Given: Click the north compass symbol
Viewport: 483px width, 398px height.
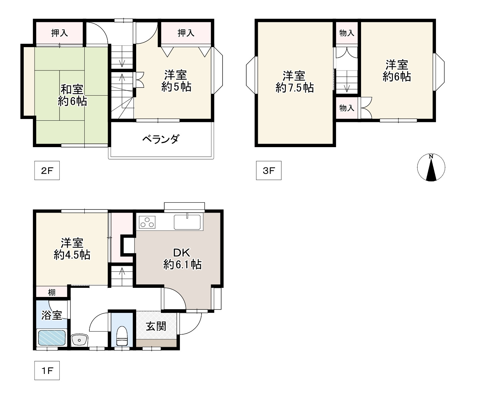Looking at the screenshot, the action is coord(431,167).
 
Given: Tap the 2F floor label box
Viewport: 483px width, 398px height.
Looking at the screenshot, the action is coord(47,170).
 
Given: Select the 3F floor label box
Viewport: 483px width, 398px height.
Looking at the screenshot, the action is coord(269,170).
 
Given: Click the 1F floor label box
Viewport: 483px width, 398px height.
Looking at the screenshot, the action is coord(47,371).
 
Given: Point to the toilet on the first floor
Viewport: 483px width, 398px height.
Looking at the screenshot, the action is coord(122,336).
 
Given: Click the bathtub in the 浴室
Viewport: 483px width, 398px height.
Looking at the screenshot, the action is coord(52,337).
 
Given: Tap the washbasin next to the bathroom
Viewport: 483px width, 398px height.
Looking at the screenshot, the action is coord(80,340).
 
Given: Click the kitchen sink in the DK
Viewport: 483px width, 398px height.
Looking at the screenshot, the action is coord(187,222).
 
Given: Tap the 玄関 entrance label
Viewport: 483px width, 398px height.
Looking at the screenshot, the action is coord(156,326).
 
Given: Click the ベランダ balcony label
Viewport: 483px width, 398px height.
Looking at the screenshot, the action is coord(161,139).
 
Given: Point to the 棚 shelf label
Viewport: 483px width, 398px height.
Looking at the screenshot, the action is coord(52,293).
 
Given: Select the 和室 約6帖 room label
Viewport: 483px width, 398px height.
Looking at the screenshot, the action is coord(72,95).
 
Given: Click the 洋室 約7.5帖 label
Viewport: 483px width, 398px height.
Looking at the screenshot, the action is coord(295,82).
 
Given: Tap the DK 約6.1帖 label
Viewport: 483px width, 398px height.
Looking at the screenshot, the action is coord(182,259).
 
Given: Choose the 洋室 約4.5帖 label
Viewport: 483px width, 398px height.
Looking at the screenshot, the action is coord(72,249).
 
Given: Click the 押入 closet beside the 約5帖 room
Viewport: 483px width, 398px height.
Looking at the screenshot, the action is coord(186,33).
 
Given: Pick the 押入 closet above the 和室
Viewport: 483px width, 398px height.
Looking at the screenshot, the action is coord(59,33).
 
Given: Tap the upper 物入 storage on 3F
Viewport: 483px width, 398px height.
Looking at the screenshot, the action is coord(347,33).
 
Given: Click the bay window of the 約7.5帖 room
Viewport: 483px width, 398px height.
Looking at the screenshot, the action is coord(251,75).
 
